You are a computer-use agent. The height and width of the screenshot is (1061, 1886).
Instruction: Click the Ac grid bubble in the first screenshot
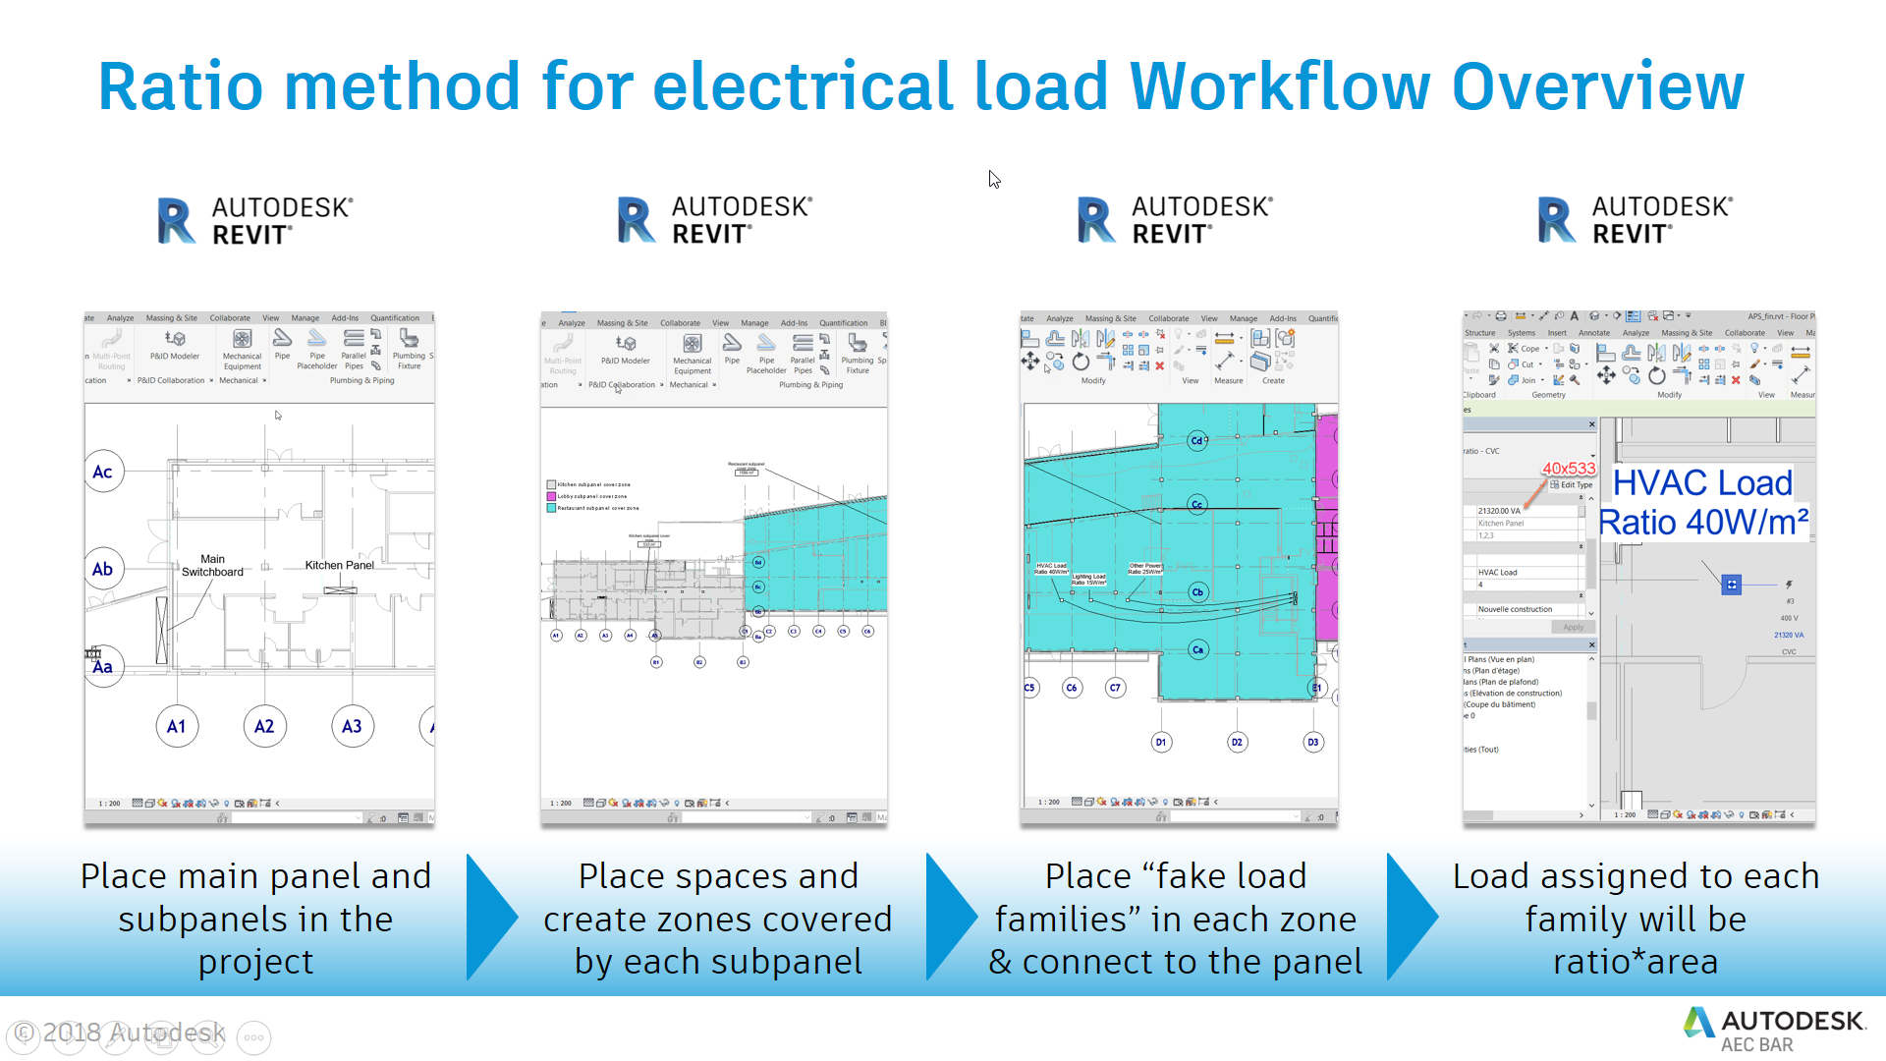(x=103, y=472)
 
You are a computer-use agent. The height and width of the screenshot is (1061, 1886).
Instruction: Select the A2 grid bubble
(x=264, y=726)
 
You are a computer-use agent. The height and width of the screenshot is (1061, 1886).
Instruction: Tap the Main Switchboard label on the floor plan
(x=212, y=566)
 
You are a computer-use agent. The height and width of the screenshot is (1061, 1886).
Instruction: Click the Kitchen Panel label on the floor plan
(x=339, y=565)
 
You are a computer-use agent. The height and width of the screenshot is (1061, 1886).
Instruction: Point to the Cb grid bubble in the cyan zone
(x=1197, y=591)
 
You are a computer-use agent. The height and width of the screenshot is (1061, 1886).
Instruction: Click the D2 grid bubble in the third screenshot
(x=1237, y=742)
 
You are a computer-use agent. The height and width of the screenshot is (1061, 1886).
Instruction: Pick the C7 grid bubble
(x=1115, y=688)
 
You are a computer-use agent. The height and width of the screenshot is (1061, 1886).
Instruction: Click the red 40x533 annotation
(x=1569, y=469)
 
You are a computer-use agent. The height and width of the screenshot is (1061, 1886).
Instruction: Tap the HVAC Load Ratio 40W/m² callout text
(x=1703, y=502)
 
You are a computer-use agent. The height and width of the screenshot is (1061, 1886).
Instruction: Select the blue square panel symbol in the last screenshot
(x=1732, y=585)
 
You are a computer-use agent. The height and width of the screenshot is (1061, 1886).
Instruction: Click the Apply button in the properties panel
(x=1573, y=627)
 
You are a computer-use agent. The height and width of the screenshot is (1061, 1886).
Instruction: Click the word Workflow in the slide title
(x=1279, y=86)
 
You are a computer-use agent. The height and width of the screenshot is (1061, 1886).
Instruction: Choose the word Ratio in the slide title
(x=181, y=86)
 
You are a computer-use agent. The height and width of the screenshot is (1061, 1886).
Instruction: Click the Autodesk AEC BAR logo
(x=1774, y=1030)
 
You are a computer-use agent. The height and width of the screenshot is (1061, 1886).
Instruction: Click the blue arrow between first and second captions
(x=490, y=918)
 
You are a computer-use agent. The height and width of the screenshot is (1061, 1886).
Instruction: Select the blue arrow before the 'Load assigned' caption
(x=1411, y=918)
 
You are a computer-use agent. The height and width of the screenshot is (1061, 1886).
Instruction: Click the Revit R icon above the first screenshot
(x=176, y=221)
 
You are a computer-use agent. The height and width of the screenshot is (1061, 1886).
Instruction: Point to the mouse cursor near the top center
(x=994, y=179)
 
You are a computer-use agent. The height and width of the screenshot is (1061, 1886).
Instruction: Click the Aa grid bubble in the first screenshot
(x=103, y=666)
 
